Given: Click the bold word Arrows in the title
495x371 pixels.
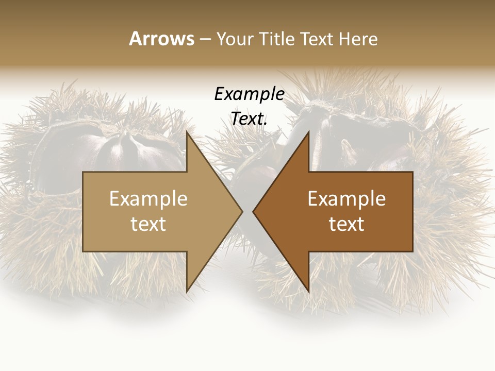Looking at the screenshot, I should [161, 39].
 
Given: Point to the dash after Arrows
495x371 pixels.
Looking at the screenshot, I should [205, 39].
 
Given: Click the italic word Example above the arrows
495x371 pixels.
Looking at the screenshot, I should [249, 94].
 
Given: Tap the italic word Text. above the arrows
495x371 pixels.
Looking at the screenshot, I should [249, 119].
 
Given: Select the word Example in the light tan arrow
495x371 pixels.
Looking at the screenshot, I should [148, 198].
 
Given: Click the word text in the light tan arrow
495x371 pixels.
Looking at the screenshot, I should [148, 224].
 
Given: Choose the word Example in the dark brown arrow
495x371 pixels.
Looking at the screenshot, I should [346, 198].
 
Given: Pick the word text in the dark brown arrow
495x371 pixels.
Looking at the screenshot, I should [346, 224].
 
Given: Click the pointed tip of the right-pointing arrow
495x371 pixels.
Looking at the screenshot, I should [242, 211].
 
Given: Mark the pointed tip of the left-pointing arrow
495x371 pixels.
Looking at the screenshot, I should [253, 211].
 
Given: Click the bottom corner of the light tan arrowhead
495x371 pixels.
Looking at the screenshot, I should [187, 291].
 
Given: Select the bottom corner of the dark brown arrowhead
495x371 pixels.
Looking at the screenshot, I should [309, 291].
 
